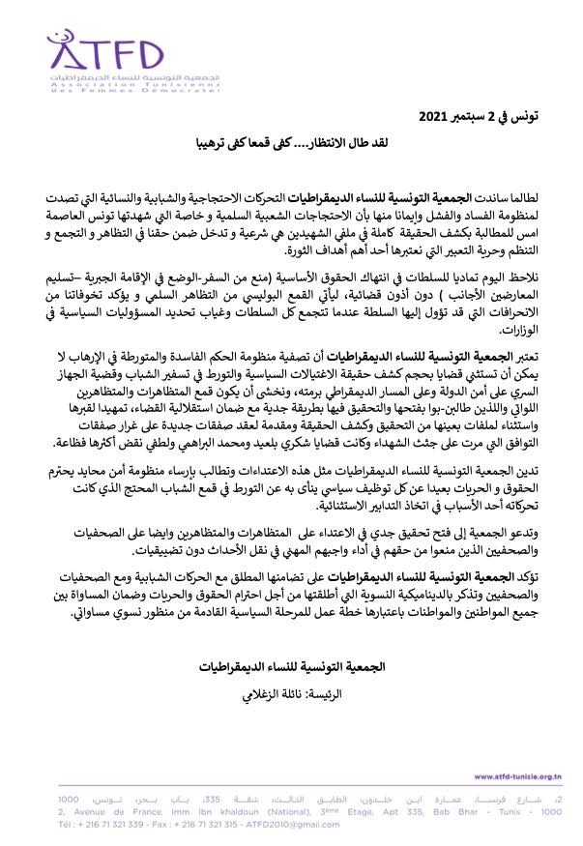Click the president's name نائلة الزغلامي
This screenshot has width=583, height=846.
265,693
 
